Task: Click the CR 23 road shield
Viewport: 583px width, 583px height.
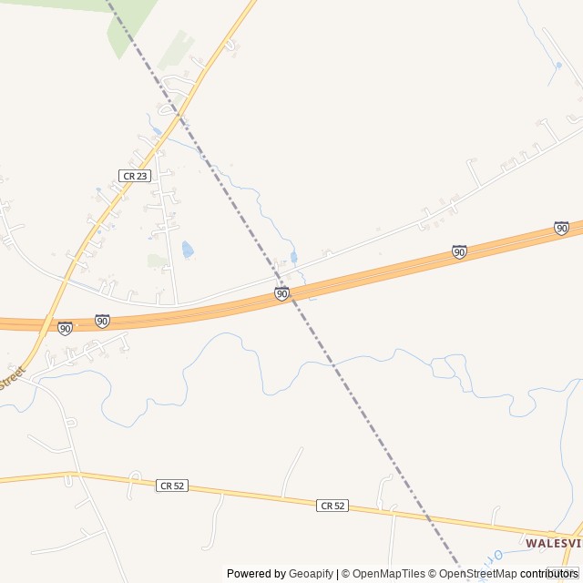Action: (134, 175)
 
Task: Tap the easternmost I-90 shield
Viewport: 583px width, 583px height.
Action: (561, 228)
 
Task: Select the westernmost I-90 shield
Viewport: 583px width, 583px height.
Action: (65, 328)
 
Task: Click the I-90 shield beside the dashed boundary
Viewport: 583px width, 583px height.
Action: (281, 293)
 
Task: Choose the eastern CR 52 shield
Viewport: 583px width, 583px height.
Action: (332, 505)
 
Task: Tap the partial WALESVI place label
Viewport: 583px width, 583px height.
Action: (553, 542)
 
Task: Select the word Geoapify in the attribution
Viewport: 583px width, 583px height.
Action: (312, 574)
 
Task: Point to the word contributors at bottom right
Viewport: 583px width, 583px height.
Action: (549, 574)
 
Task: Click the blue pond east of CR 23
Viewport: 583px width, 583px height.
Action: (188, 250)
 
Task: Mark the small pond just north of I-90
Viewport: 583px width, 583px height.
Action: (293, 258)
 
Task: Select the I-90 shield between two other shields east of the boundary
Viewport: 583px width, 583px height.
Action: (459, 251)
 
